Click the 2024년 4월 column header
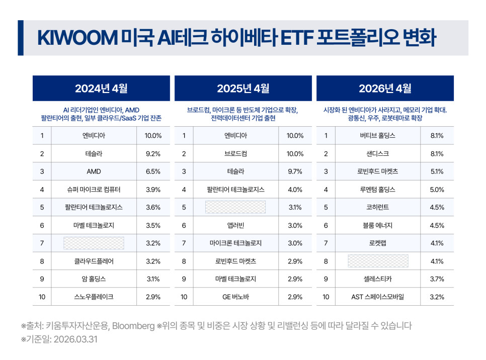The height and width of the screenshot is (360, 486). click(101, 88)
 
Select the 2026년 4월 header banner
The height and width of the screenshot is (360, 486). click(385, 88)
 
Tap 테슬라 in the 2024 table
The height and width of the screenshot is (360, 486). click(94, 154)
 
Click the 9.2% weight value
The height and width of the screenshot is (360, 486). click(153, 154)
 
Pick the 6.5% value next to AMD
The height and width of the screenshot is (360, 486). click(153, 171)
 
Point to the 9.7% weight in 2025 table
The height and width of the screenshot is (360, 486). click(295, 171)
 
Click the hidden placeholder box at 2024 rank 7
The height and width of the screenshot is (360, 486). click(94, 243)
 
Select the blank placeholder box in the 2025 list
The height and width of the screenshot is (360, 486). click(235, 207)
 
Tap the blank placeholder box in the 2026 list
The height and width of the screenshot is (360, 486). click(378, 261)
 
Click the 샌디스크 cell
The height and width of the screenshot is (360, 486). click(377, 154)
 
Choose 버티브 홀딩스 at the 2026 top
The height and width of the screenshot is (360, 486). click(377, 136)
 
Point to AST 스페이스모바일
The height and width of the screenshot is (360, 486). click(377, 297)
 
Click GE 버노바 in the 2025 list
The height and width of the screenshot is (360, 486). click(235, 297)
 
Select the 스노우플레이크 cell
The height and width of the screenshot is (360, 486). click(94, 297)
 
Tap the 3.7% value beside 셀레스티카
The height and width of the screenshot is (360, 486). click(437, 279)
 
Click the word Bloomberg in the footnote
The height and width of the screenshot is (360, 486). click(133, 326)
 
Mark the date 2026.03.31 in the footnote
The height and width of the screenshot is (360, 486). click(75, 339)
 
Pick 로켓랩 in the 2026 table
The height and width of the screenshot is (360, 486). click(377, 243)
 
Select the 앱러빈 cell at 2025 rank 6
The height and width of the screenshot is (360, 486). click(235, 226)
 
